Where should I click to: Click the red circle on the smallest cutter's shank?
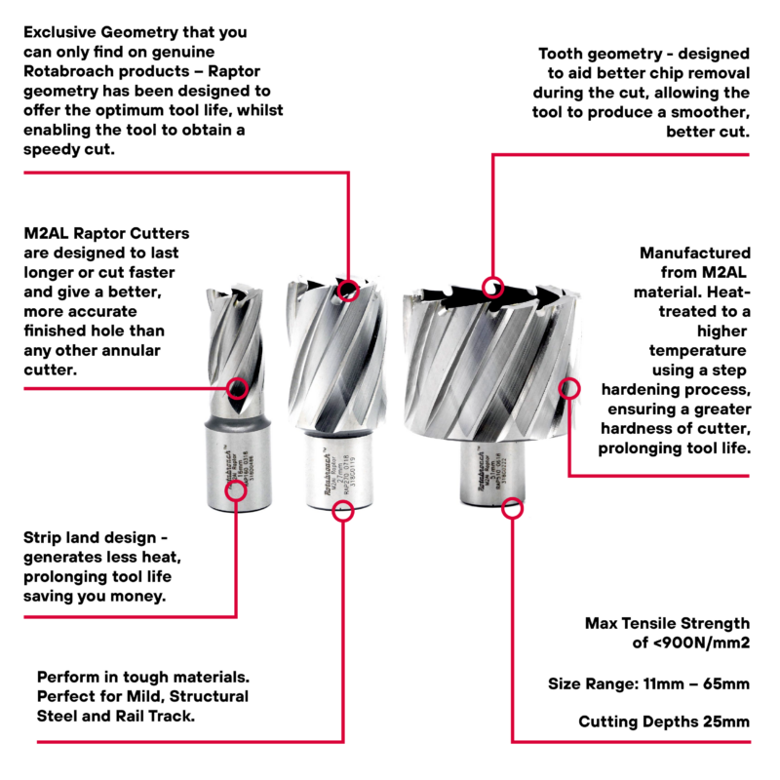pyautogui.click(x=236, y=490)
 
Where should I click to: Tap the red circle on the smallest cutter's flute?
pyautogui.click(x=236, y=389)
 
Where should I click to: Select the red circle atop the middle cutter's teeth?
pyautogui.click(x=348, y=290)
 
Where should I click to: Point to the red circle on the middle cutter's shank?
pyautogui.click(x=341, y=510)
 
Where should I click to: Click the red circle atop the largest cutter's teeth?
pyautogui.click(x=493, y=287)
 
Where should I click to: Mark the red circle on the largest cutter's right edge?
pyautogui.click(x=568, y=390)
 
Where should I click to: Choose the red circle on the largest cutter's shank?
pyautogui.click(x=512, y=508)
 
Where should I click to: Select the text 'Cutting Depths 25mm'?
pyautogui.click(x=664, y=722)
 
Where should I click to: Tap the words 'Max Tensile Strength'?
pyautogui.click(x=668, y=623)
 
